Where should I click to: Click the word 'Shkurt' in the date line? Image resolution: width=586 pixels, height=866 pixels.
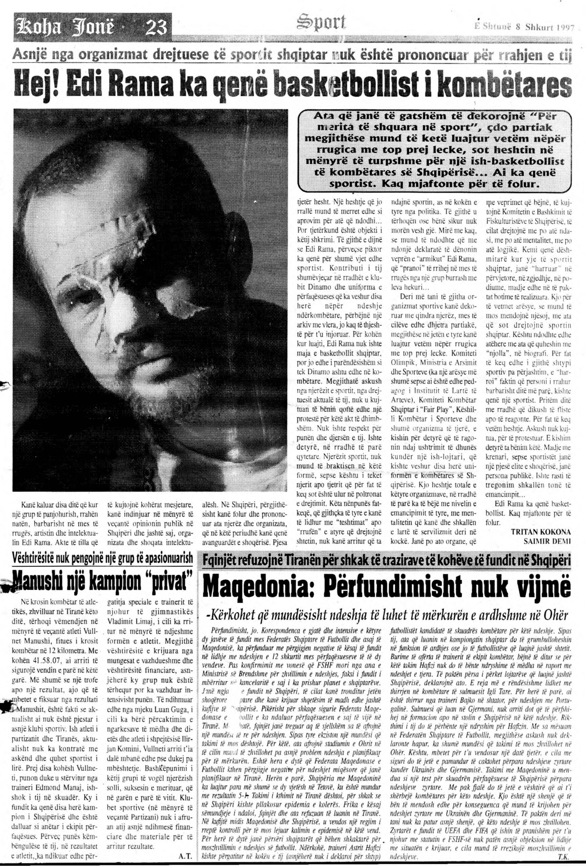pos(539,28)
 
